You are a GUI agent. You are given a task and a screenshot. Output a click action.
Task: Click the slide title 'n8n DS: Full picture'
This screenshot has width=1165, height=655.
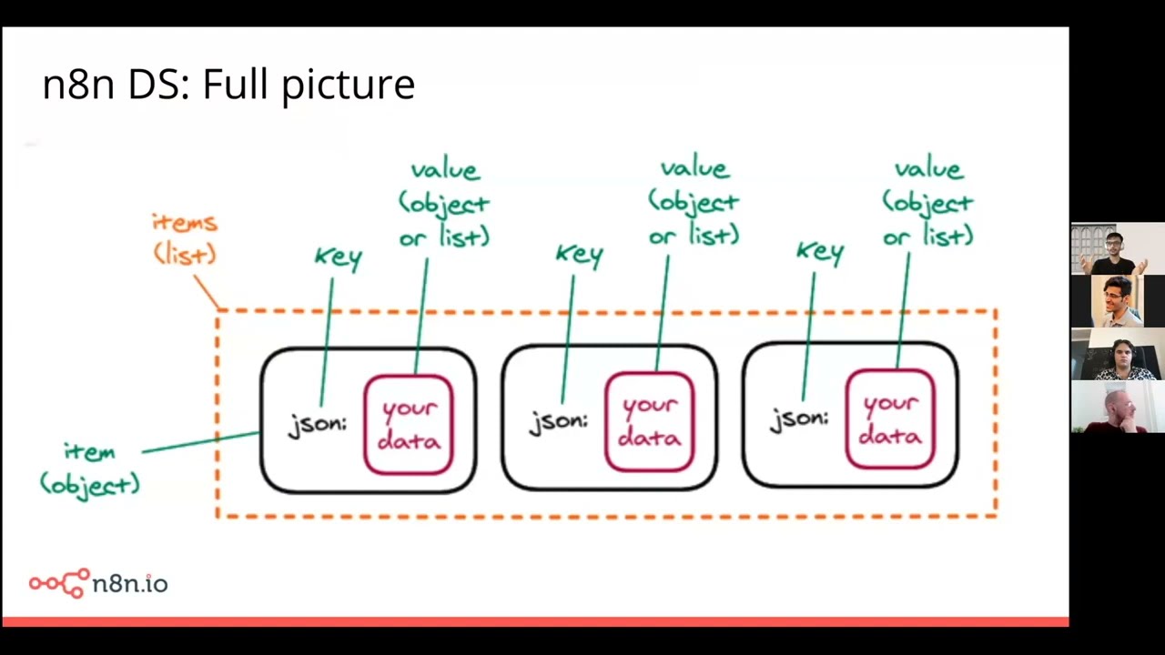(x=228, y=85)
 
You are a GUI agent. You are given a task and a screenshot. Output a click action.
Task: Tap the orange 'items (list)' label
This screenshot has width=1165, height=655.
(x=185, y=238)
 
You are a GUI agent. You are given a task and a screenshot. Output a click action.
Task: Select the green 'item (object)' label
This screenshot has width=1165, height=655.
(x=90, y=468)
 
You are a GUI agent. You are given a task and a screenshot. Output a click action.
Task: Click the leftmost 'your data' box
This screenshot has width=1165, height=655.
(x=409, y=425)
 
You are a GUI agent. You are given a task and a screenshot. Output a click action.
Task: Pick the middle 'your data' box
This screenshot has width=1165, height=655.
(x=649, y=421)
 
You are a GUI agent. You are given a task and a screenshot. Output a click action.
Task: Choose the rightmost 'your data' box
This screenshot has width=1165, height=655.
(x=889, y=419)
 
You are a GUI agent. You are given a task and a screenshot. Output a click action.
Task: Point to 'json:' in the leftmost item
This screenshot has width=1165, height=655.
(x=318, y=425)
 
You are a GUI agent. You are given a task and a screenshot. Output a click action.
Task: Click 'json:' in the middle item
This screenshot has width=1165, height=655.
(x=559, y=421)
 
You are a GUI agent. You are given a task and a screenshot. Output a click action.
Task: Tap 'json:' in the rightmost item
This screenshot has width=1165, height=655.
(x=799, y=419)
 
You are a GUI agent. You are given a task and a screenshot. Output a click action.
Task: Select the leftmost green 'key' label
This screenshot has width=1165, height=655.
(x=339, y=258)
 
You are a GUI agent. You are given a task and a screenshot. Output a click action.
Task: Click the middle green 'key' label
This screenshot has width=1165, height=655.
(x=580, y=256)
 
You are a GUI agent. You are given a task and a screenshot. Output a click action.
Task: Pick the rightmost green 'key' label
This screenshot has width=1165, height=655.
(x=820, y=253)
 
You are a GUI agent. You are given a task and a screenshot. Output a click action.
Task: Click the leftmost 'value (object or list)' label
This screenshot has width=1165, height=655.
(x=444, y=203)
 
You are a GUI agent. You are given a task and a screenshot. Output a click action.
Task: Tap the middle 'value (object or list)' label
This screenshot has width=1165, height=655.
(x=694, y=201)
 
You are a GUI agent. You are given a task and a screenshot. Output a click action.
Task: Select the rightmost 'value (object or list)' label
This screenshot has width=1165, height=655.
(x=927, y=202)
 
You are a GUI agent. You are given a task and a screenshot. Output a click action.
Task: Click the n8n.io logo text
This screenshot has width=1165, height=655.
(x=129, y=583)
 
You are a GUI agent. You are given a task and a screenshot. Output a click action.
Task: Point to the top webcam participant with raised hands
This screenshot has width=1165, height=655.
(x=1117, y=248)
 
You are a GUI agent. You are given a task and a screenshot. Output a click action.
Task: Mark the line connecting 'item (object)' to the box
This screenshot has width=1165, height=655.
(x=200, y=442)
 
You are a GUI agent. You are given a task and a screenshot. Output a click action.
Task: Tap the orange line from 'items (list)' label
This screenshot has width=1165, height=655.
(x=208, y=292)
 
